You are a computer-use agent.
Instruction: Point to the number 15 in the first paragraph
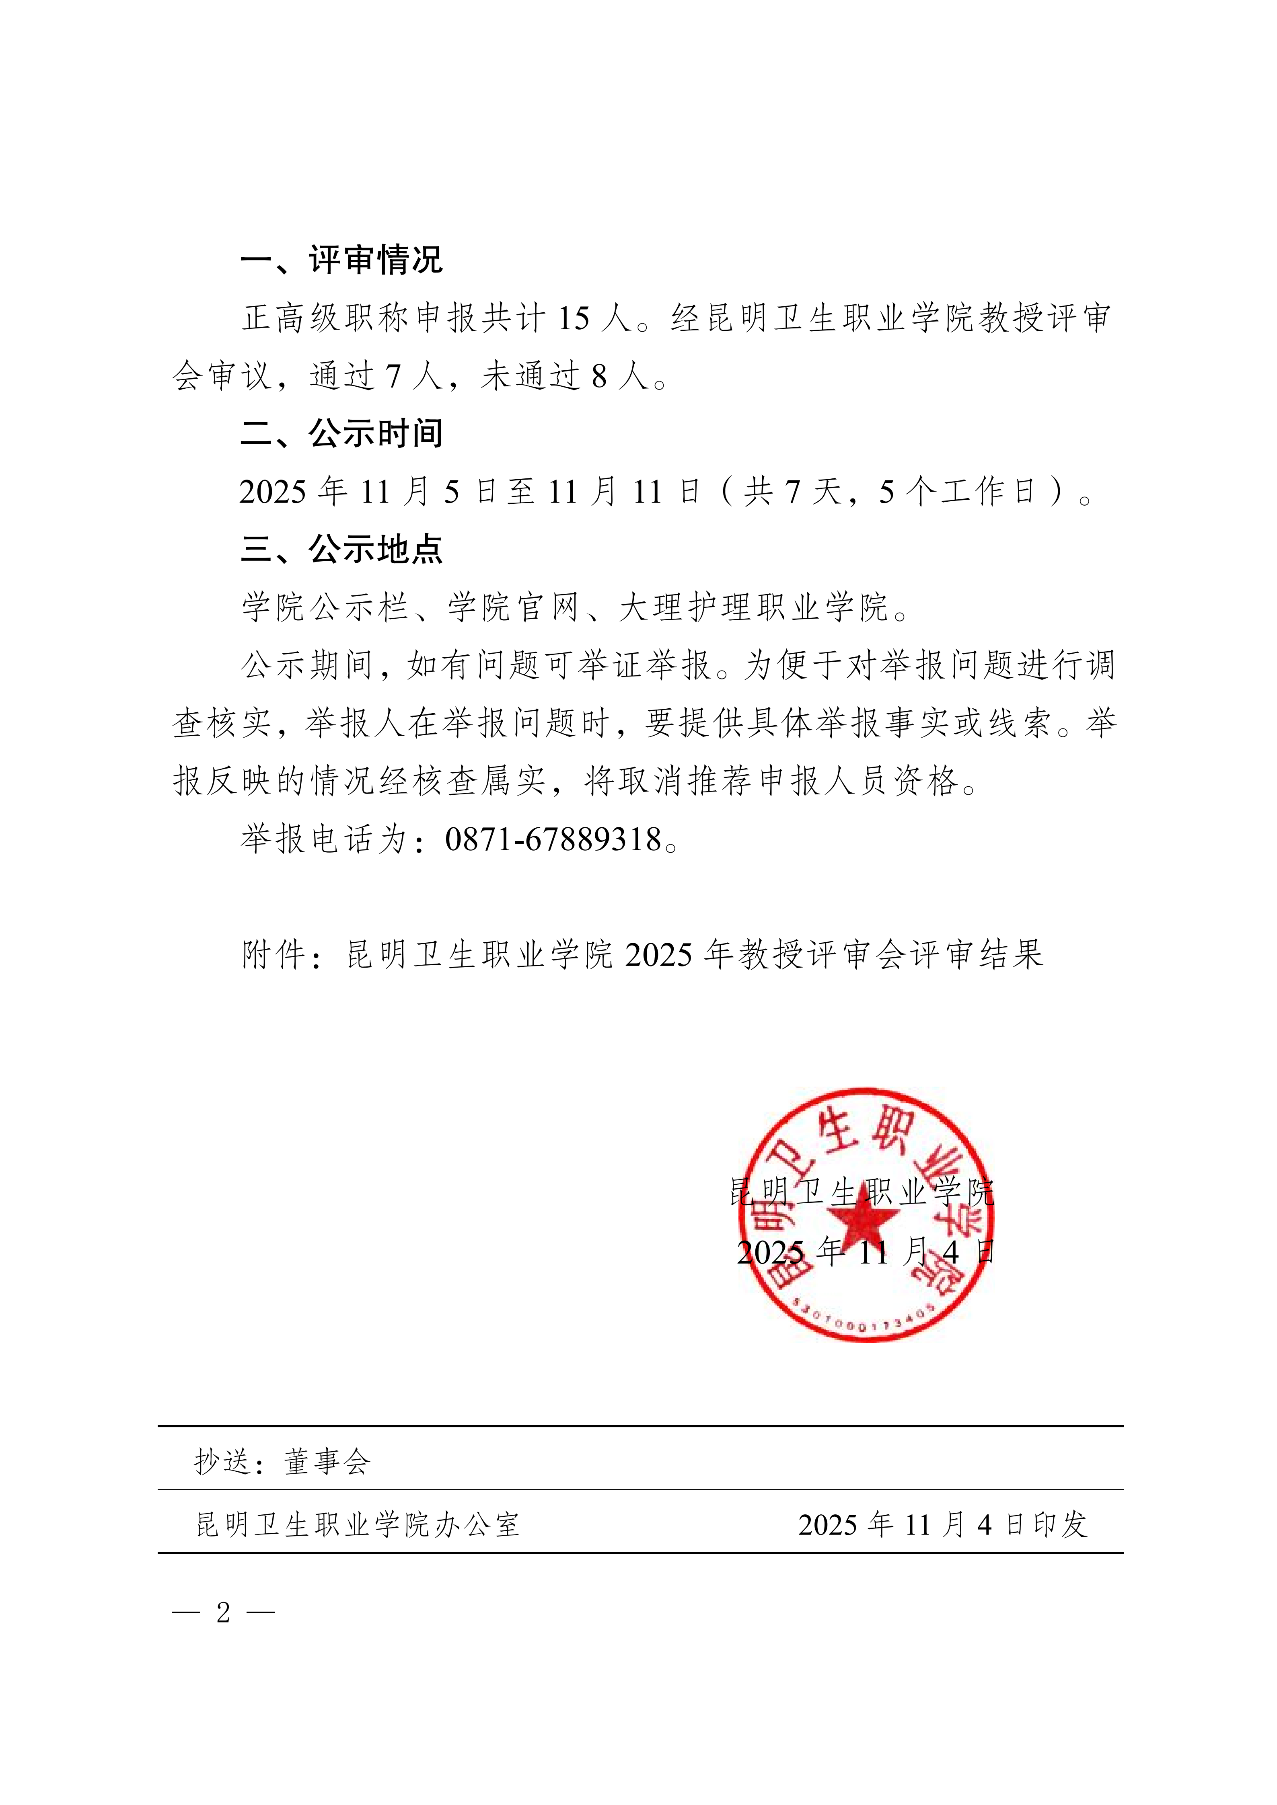point(574,318)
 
